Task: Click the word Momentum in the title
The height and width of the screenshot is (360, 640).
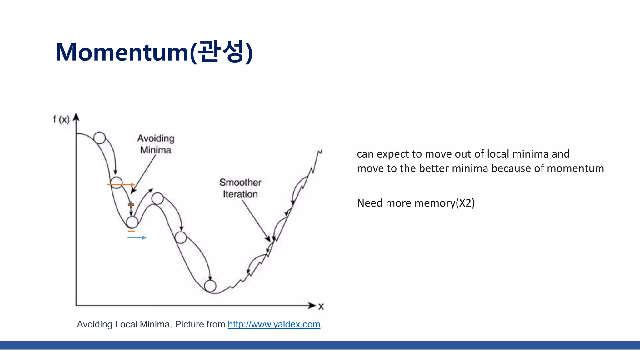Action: point(122,52)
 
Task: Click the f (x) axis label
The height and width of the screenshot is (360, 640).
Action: point(61,119)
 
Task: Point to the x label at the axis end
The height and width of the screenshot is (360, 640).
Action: point(321,307)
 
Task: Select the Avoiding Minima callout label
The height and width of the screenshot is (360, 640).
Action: point(156,144)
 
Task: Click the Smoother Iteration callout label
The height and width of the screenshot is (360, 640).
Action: point(240,188)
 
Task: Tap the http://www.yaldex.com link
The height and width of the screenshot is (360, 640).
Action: point(274,324)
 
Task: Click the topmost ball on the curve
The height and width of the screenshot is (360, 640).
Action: point(100,138)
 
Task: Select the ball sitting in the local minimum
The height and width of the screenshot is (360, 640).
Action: point(132,222)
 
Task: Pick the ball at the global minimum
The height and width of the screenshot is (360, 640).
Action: point(210,286)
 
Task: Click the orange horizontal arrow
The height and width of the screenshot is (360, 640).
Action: point(121,185)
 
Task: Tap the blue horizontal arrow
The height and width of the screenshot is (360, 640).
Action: point(137,238)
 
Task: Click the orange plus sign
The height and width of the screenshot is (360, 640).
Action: point(131,205)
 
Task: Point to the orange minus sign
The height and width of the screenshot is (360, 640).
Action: point(132,231)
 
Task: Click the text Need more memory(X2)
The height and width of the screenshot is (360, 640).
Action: point(416,203)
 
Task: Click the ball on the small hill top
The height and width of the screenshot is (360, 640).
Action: point(157,198)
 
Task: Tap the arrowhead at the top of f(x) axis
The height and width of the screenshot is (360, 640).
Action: point(76,117)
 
